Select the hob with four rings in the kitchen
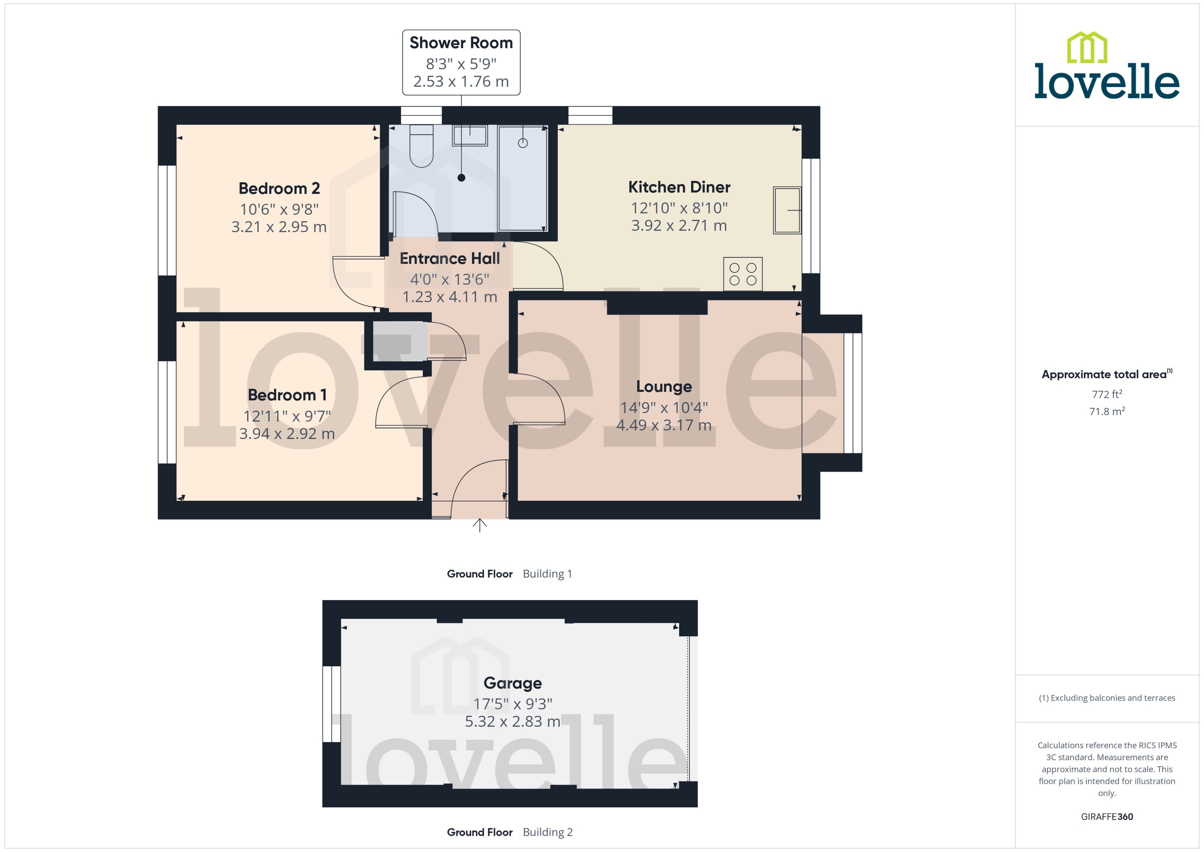click(x=742, y=274)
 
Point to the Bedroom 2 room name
click(x=279, y=188)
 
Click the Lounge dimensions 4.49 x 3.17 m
click(x=663, y=425)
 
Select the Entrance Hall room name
click(x=450, y=259)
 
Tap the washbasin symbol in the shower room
click(x=470, y=136)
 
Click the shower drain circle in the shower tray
click(x=523, y=143)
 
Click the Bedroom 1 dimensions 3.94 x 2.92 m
click(x=287, y=434)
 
